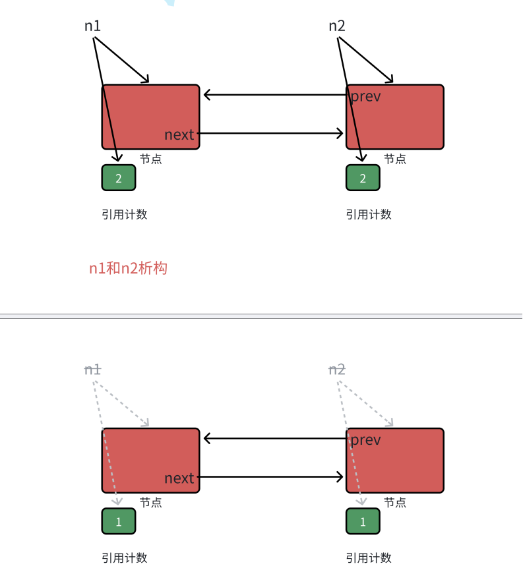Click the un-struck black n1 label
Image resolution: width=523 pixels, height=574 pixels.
pos(92,26)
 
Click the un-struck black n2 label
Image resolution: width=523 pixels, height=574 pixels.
pos(337,26)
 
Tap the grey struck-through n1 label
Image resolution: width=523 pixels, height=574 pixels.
pos(92,370)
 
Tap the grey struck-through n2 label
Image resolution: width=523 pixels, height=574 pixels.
pos(337,370)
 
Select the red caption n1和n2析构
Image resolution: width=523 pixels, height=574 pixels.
pos(128,268)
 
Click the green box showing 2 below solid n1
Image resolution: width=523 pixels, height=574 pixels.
pos(119,178)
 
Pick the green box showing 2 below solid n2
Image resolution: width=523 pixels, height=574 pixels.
pos(363,178)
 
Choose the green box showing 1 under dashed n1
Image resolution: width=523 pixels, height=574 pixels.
pos(119,521)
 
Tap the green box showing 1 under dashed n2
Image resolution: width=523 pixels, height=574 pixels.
pos(363,521)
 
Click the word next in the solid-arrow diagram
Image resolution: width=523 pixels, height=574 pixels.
pos(179,134)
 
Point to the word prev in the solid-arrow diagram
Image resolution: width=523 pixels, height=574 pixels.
pos(365,96)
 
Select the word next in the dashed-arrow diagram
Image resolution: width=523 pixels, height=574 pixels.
pos(179,478)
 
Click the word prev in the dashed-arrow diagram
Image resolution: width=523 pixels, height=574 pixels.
pos(365,440)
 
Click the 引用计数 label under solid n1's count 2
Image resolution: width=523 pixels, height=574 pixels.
pos(124,214)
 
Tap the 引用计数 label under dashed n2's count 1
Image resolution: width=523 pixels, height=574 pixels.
pos(369,558)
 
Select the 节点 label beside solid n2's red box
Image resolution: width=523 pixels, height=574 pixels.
pos(395,159)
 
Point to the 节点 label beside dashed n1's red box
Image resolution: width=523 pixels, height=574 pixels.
pos(150,503)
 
